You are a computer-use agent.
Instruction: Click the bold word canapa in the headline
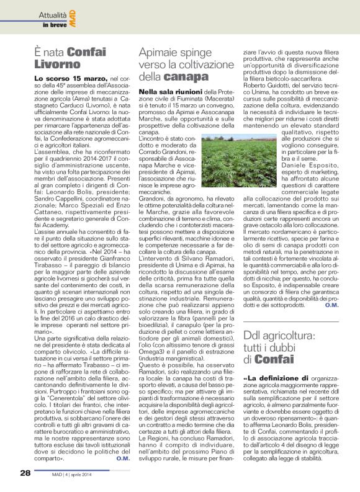(x=186, y=77)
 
